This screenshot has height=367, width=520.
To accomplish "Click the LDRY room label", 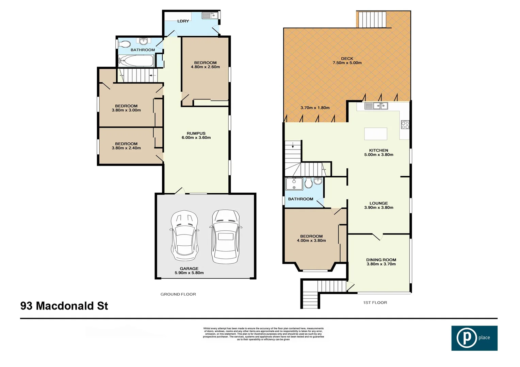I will [183, 21].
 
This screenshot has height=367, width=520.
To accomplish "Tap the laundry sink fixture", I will [209, 16].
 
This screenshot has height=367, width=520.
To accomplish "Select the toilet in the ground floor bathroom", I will [124, 44].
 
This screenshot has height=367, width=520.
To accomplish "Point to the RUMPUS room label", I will [196, 134].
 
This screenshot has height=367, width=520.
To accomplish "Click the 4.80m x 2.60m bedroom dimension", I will [205, 67].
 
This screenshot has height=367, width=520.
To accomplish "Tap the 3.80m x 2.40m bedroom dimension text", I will [126, 148].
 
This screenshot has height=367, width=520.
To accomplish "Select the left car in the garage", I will [184, 235].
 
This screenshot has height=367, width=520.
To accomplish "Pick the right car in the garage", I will [225, 236].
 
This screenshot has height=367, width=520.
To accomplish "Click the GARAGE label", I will [189, 268].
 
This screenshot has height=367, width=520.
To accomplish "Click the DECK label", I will [347, 58].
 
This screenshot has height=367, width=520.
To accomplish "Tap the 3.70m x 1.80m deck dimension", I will [315, 108].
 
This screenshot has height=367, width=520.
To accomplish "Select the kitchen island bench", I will [376, 134].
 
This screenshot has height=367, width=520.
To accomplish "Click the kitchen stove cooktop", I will [405, 125].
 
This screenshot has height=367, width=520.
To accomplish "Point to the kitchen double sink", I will [376, 106].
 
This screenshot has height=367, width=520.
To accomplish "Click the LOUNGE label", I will [378, 203].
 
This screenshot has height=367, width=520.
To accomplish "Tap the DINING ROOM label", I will [381, 260].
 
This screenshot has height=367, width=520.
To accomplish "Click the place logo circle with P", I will [466, 338].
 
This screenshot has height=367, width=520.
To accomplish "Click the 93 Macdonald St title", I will [64, 306].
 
